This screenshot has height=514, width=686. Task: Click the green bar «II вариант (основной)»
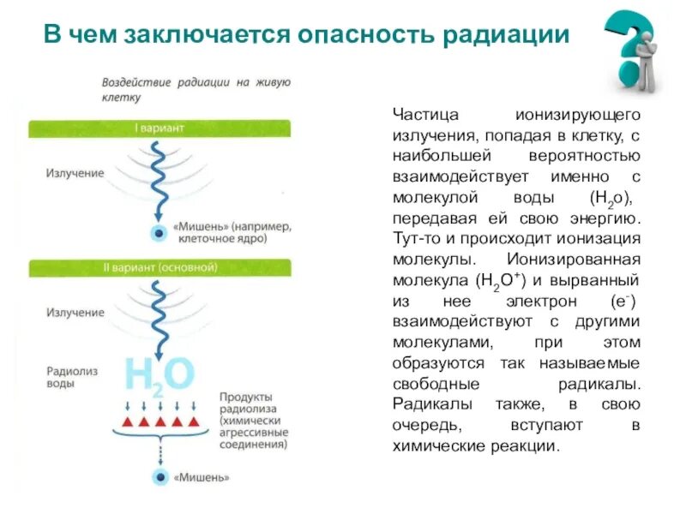point(159,266)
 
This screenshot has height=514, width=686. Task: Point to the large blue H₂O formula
point(161,374)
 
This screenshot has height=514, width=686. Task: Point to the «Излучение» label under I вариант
point(75,173)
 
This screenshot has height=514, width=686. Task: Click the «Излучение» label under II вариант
point(75,313)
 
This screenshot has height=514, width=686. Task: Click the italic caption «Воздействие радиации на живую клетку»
point(196,90)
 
